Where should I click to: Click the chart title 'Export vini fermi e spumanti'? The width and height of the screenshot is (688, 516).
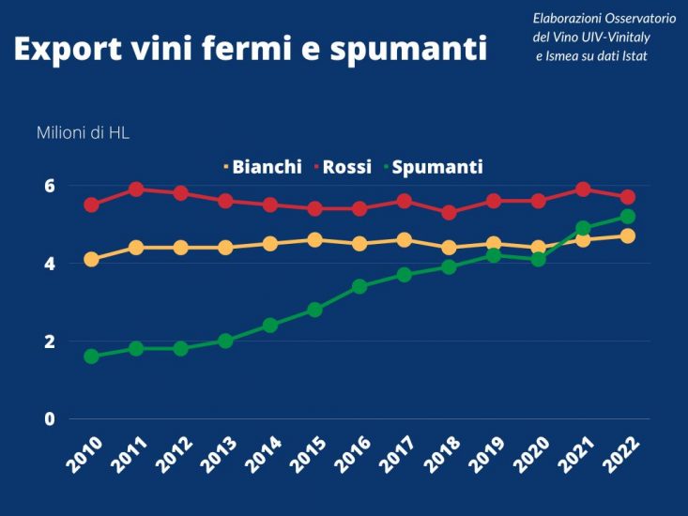coord(250,50)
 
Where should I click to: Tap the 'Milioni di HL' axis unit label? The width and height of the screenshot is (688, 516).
coord(83,132)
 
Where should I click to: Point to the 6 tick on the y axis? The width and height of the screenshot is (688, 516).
coord(49,186)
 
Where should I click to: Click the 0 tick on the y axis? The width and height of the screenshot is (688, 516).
coord(49,418)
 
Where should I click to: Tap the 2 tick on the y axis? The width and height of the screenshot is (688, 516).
coord(49,341)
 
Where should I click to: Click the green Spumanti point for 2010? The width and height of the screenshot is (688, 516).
coord(91,357)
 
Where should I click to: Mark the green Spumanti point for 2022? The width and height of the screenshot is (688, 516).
coord(628,217)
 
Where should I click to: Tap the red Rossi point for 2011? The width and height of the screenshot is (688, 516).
coord(136,190)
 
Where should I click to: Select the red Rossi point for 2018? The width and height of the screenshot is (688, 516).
coord(449,213)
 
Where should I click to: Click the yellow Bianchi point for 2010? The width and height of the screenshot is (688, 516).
coord(91,259)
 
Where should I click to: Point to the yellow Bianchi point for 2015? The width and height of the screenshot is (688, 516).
coord(314,240)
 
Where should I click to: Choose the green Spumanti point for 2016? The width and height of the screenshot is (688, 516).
coord(359,286)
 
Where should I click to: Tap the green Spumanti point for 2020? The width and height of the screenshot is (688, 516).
coord(538,259)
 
